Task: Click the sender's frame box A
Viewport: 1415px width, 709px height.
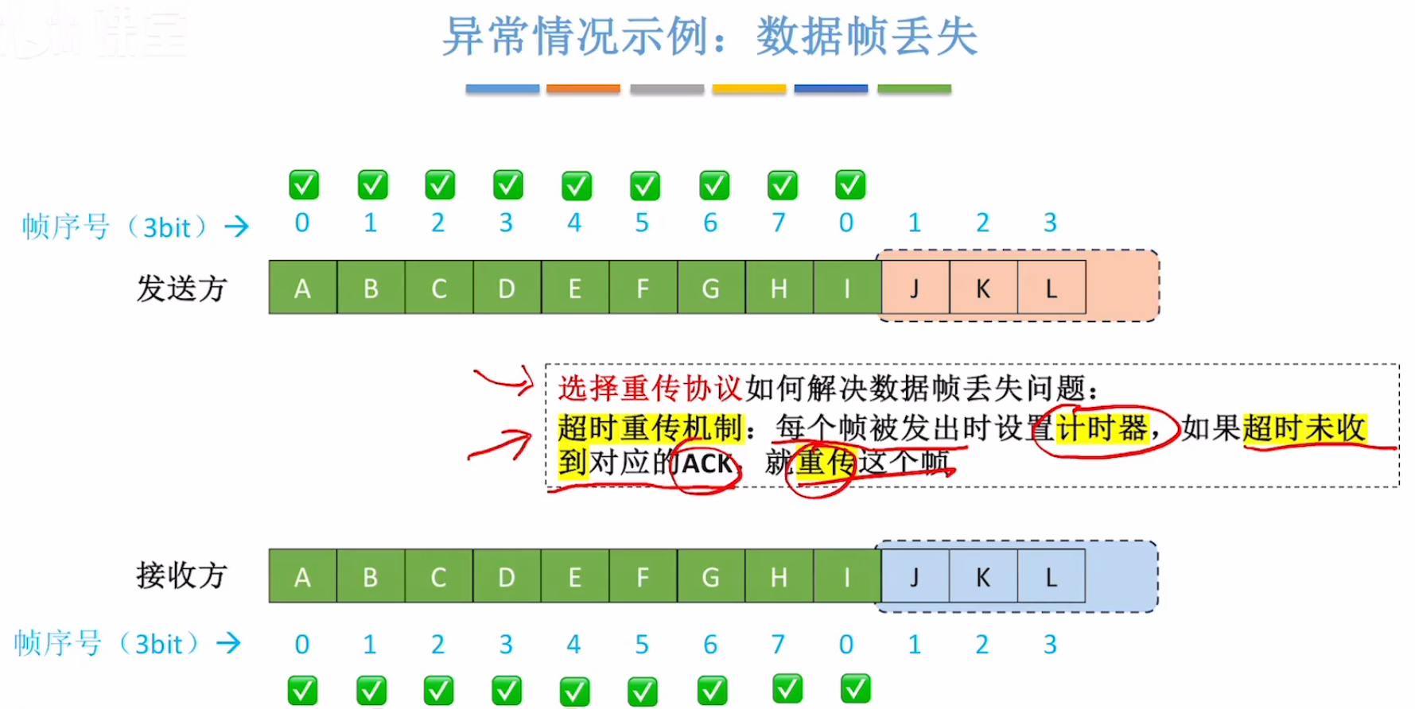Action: point(302,288)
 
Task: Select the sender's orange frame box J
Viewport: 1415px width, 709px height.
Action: point(915,288)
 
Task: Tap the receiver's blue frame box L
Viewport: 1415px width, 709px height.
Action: point(1051,576)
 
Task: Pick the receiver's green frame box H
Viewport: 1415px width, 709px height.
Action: point(779,576)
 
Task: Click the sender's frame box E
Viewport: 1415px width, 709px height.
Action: point(574,288)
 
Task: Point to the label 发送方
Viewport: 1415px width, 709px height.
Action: point(181,288)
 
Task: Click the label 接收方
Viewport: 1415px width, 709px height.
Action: point(181,575)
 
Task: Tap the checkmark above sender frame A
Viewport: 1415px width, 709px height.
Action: point(304,184)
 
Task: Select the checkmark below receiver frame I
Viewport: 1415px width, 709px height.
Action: point(855,688)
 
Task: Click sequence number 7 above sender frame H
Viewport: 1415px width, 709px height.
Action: point(778,223)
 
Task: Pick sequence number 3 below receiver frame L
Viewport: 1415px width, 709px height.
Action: point(1050,644)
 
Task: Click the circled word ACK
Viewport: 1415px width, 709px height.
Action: point(706,463)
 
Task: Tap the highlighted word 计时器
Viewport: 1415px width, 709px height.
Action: point(1102,428)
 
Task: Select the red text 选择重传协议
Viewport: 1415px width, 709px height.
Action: point(650,389)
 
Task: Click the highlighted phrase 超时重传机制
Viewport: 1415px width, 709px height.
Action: point(650,428)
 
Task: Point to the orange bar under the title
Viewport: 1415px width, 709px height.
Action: point(583,89)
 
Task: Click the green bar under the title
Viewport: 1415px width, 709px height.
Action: point(914,89)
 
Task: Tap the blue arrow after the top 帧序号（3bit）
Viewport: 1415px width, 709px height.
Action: point(236,227)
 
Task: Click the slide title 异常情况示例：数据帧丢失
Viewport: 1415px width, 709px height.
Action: point(709,37)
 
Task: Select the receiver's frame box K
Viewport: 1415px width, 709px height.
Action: point(983,576)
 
